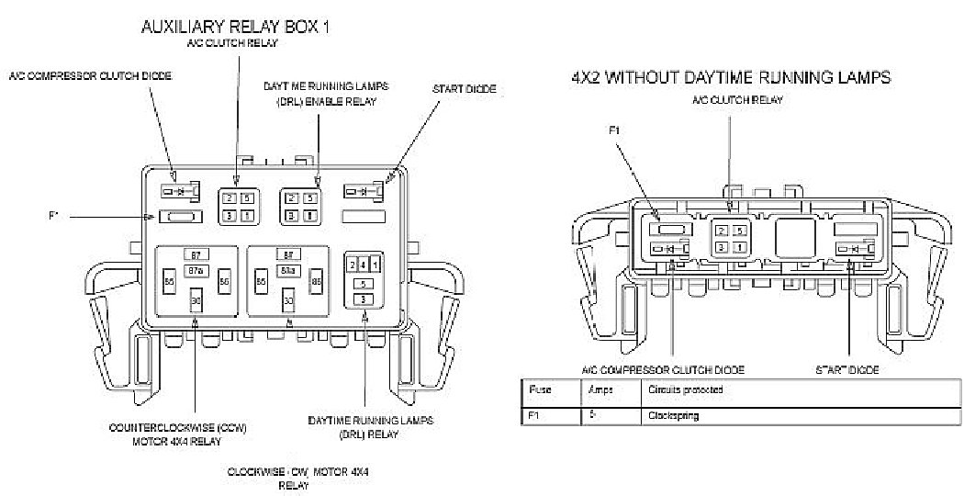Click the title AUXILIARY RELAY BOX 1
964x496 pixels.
[235, 28]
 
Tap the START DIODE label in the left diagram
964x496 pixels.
[464, 89]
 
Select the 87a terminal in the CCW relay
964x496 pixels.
[195, 270]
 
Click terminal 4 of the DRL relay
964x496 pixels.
[364, 265]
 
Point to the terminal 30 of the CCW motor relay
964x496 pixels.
[195, 301]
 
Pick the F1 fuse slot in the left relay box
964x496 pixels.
[181, 217]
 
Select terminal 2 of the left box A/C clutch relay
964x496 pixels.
[229, 198]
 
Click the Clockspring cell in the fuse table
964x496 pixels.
[673, 416]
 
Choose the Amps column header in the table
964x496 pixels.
[599, 389]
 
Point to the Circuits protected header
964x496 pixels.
[685, 389]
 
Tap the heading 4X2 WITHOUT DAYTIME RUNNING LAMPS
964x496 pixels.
[730, 78]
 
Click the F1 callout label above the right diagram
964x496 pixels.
[616, 130]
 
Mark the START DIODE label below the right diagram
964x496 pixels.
[847, 369]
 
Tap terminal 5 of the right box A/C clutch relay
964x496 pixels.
[739, 230]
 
